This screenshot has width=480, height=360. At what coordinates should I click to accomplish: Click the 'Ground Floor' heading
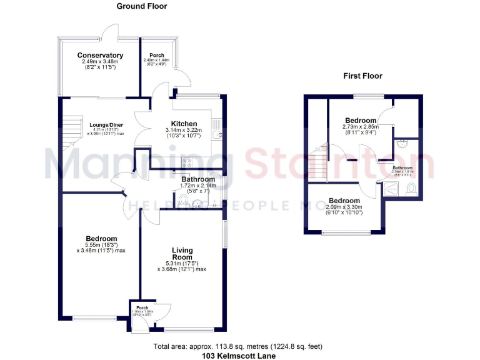(x=142, y=6)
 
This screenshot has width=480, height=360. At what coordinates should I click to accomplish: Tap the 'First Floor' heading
(x=362, y=76)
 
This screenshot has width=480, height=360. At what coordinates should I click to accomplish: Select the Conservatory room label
(x=100, y=56)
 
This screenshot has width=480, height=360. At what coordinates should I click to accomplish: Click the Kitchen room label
(x=184, y=124)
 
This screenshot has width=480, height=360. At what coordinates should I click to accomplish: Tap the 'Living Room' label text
(x=182, y=254)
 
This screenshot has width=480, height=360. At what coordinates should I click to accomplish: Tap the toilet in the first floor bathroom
(x=411, y=191)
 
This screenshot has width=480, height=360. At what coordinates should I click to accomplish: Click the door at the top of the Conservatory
(x=111, y=31)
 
